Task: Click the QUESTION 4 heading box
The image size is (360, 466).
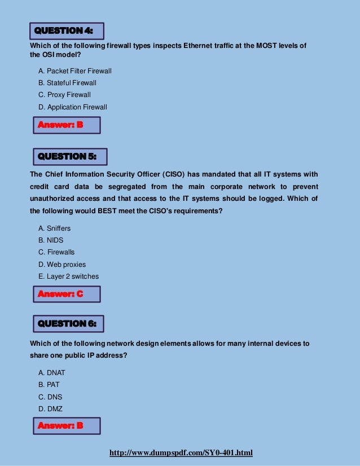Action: pyautogui.click(x=66, y=30)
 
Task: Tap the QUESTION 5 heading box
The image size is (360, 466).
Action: pyautogui.click(x=67, y=156)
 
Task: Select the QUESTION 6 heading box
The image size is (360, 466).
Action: pyautogui.click(x=66, y=323)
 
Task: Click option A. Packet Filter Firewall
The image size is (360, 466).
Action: pyautogui.click(x=75, y=71)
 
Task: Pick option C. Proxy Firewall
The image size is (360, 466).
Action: pyautogui.click(x=64, y=95)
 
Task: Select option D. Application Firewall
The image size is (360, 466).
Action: pyautogui.click(x=73, y=107)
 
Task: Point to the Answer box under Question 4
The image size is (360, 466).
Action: pyautogui.click(x=65, y=125)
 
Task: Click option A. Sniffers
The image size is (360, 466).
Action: pyautogui.click(x=54, y=228)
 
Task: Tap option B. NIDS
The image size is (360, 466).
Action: pyautogui.click(x=51, y=240)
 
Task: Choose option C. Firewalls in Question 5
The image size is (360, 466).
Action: pyautogui.click(x=56, y=252)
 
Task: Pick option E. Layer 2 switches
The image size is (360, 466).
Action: pyautogui.click(x=68, y=276)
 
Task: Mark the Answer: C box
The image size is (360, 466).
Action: pyautogui.click(x=65, y=294)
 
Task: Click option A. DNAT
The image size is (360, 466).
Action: pyautogui.click(x=52, y=373)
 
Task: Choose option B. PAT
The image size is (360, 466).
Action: pyautogui.click(x=49, y=385)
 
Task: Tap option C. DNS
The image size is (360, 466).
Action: pyautogui.click(x=50, y=397)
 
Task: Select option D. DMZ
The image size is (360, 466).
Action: pyautogui.click(x=50, y=408)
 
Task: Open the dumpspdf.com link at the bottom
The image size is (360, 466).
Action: pyautogui.click(x=181, y=453)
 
